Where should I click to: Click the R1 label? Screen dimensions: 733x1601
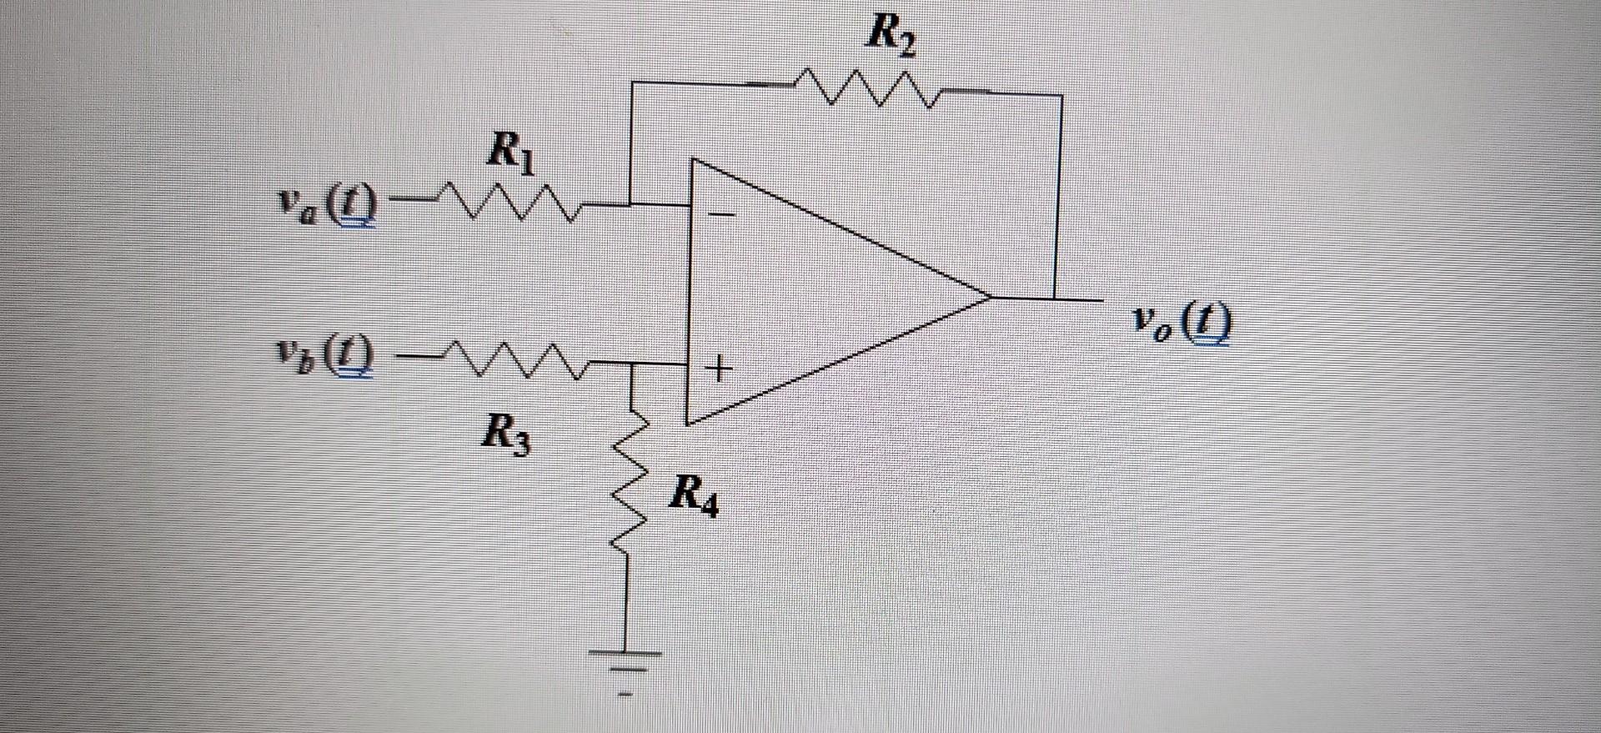coord(509,153)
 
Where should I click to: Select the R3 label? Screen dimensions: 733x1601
coord(505,435)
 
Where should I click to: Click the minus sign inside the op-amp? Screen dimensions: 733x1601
coord(722,215)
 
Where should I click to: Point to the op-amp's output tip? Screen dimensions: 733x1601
coord(989,297)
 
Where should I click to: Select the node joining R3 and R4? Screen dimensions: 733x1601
coord(631,364)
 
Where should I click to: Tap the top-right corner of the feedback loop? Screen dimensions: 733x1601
coord(1061,97)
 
